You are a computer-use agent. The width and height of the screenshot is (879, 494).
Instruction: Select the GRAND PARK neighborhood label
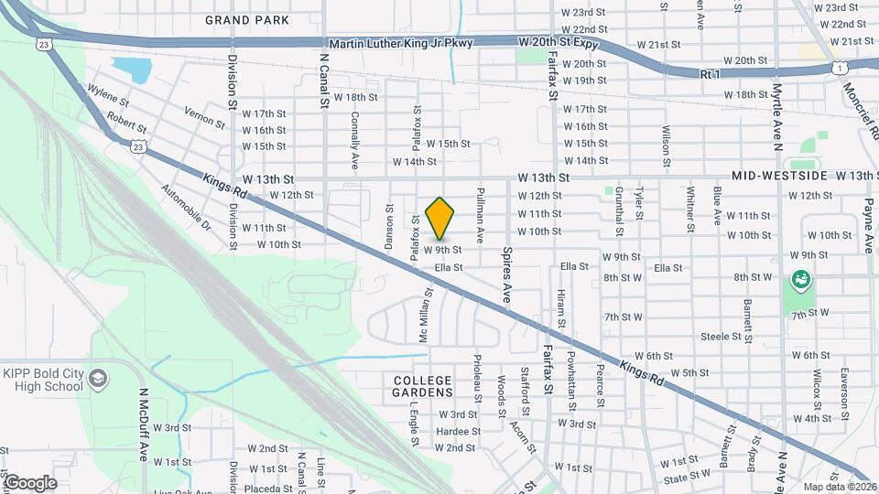[x=247, y=19]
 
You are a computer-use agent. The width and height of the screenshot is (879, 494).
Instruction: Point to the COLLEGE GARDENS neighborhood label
[x=422, y=385]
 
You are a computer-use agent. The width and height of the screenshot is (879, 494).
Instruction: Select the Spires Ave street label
[x=506, y=274]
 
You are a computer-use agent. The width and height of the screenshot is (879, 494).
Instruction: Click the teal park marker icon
[x=801, y=278]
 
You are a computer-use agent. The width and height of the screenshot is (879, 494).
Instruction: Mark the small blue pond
[x=131, y=70]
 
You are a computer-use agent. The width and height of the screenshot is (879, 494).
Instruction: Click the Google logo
[x=30, y=482]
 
